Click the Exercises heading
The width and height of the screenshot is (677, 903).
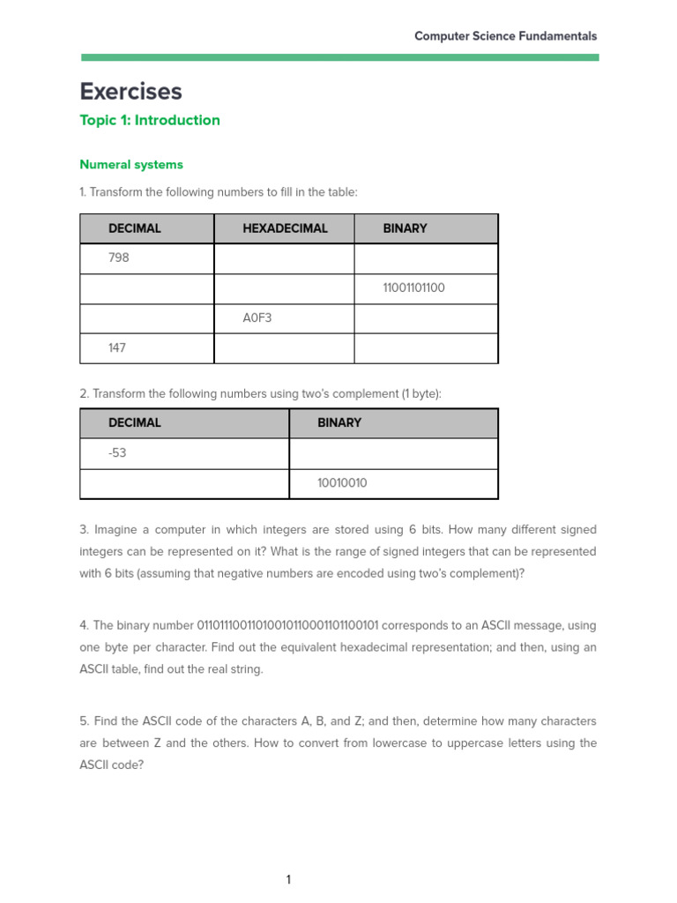pyautogui.click(x=130, y=92)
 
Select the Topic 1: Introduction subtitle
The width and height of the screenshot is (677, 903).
pyautogui.click(x=150, y=121)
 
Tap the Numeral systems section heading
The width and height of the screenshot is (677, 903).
pyautogui.click(x=131, y=165)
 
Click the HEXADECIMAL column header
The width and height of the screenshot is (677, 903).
pyautogui.click(x=285, y=228)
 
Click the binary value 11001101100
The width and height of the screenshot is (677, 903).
pyautogui.click(x=413, y=288)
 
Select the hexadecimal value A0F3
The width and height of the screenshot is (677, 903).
pyautogui.click(x=257, y=318)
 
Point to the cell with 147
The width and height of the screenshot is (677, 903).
pyautogui.click(x=117, y=348)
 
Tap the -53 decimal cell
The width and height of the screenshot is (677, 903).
pyautogui.click(x=118, y=453)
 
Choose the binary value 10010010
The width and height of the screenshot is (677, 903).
pyautogui.click(x=342, y=483)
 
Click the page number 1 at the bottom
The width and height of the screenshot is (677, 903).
pyautogui.click(x=288, y=879)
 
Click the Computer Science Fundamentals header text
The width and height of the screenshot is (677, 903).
pyautogui.click(x=505, y=36)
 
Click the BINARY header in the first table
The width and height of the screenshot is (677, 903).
pyautogui.click(x=405, y=228)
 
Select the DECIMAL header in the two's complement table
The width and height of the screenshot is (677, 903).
pyautogui.click(x=135, y=423)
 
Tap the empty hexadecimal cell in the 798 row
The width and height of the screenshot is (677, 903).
pyautogui.click(x=284, y=258)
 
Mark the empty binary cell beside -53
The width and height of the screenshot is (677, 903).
pyautogui.click(x=393, y=453)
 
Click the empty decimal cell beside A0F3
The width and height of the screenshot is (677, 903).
pyautogui.click(x=146, y=318)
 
